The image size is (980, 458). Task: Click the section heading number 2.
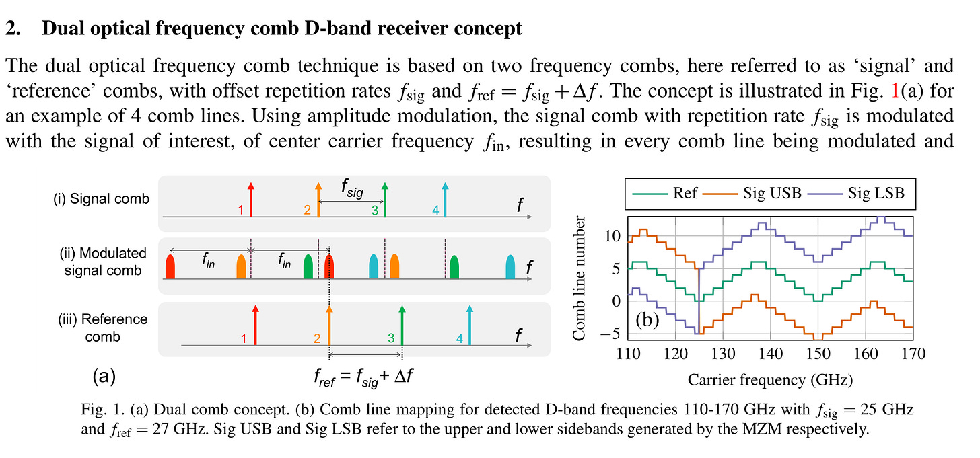tap(11, 28)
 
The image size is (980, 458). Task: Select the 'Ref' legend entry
tap(685, 193)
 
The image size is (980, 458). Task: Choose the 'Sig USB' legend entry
tap(771, 193)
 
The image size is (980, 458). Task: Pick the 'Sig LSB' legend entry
tap(875, 193)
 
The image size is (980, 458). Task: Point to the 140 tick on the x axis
tap(771, 353)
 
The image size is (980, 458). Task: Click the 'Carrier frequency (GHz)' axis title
tap(770, 380)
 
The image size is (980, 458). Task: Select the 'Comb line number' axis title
tap(583, 277)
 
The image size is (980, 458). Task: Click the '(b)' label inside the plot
tap(647, 320)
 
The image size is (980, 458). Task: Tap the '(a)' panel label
tap(103, 376)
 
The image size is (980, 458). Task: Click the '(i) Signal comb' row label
tap(101, 198)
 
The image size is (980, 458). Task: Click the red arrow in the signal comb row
tap(250, 199)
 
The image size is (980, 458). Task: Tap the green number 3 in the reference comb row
tap(390, 339)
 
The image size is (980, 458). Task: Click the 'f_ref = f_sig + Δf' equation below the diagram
tap(363, 376)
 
